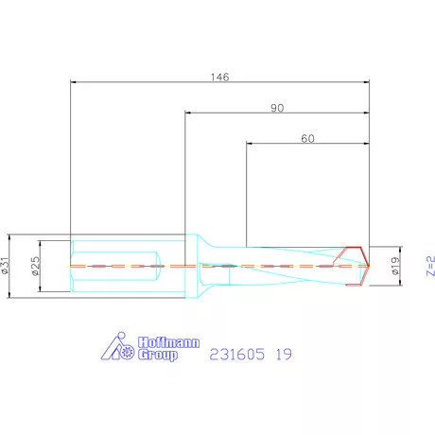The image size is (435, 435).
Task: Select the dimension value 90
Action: click(x=277, y=108)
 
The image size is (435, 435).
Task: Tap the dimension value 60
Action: click(x=307, y=138)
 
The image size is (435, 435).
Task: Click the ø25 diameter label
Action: click(x=34, y=266)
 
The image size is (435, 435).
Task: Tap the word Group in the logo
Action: click(x=158, y=357)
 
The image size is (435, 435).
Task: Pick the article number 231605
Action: click(x=235, y=355)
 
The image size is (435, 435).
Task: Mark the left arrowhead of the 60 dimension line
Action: click(x=249, y=145)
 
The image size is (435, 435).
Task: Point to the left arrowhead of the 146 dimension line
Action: click(x=74, y=82)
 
